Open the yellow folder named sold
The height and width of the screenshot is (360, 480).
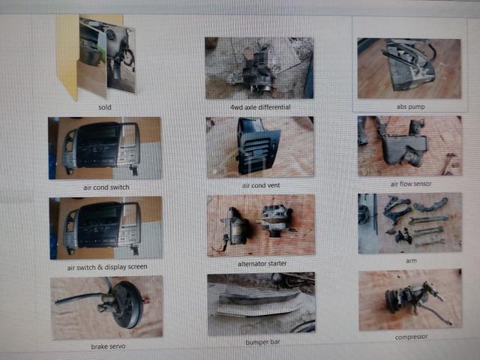(96, 57)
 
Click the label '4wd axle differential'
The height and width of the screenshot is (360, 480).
(260, 107)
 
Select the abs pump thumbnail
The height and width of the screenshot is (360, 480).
(409, 68)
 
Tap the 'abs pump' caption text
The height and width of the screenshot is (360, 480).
(410, 106)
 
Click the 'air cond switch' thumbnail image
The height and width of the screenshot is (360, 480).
(105, 148)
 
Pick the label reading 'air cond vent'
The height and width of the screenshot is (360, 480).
(261, 185)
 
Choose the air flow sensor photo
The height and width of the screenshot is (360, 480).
(409, 145)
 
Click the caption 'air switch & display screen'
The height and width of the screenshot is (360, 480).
(107, 267)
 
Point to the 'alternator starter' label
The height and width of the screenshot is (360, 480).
(262, 263)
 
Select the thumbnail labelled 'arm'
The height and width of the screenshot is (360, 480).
(410, 223)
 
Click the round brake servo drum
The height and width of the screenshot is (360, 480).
(127, 304)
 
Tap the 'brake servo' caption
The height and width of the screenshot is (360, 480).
(108, 346)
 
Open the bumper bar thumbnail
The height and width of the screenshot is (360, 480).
(261, 304)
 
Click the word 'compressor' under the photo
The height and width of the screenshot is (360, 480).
(411, 337)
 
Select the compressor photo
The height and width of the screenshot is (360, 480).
(410, 300)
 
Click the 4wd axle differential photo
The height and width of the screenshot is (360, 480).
(259, 68)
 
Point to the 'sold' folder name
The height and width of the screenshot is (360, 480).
(105, 107)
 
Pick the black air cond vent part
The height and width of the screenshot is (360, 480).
(257, 146)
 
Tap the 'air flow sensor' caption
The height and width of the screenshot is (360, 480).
(411, 184)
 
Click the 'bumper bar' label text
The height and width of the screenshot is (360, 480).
(262, 342)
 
